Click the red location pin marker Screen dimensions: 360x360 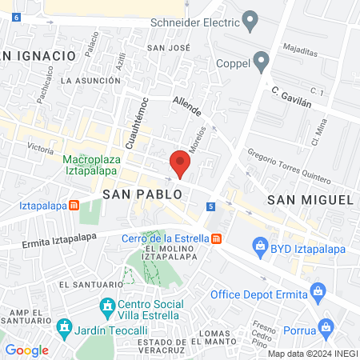click(x=180, y=162)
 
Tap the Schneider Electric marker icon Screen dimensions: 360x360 click(x=250, y=20)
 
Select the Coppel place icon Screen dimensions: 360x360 click(x=261, y=61)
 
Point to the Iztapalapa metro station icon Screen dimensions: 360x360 click(x=74, y=205)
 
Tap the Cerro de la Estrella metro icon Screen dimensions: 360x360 click(x=217, y=238)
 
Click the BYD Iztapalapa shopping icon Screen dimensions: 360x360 click(x=260, y=250)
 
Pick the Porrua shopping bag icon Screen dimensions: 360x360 click(x=325, y=326)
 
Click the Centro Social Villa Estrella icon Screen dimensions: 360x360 click(x=107, y=305)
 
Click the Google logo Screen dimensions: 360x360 click(x=27, y=350)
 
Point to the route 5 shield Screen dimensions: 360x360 click(x=211, y=206)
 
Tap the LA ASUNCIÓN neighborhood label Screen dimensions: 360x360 click(x=90, y=81)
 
